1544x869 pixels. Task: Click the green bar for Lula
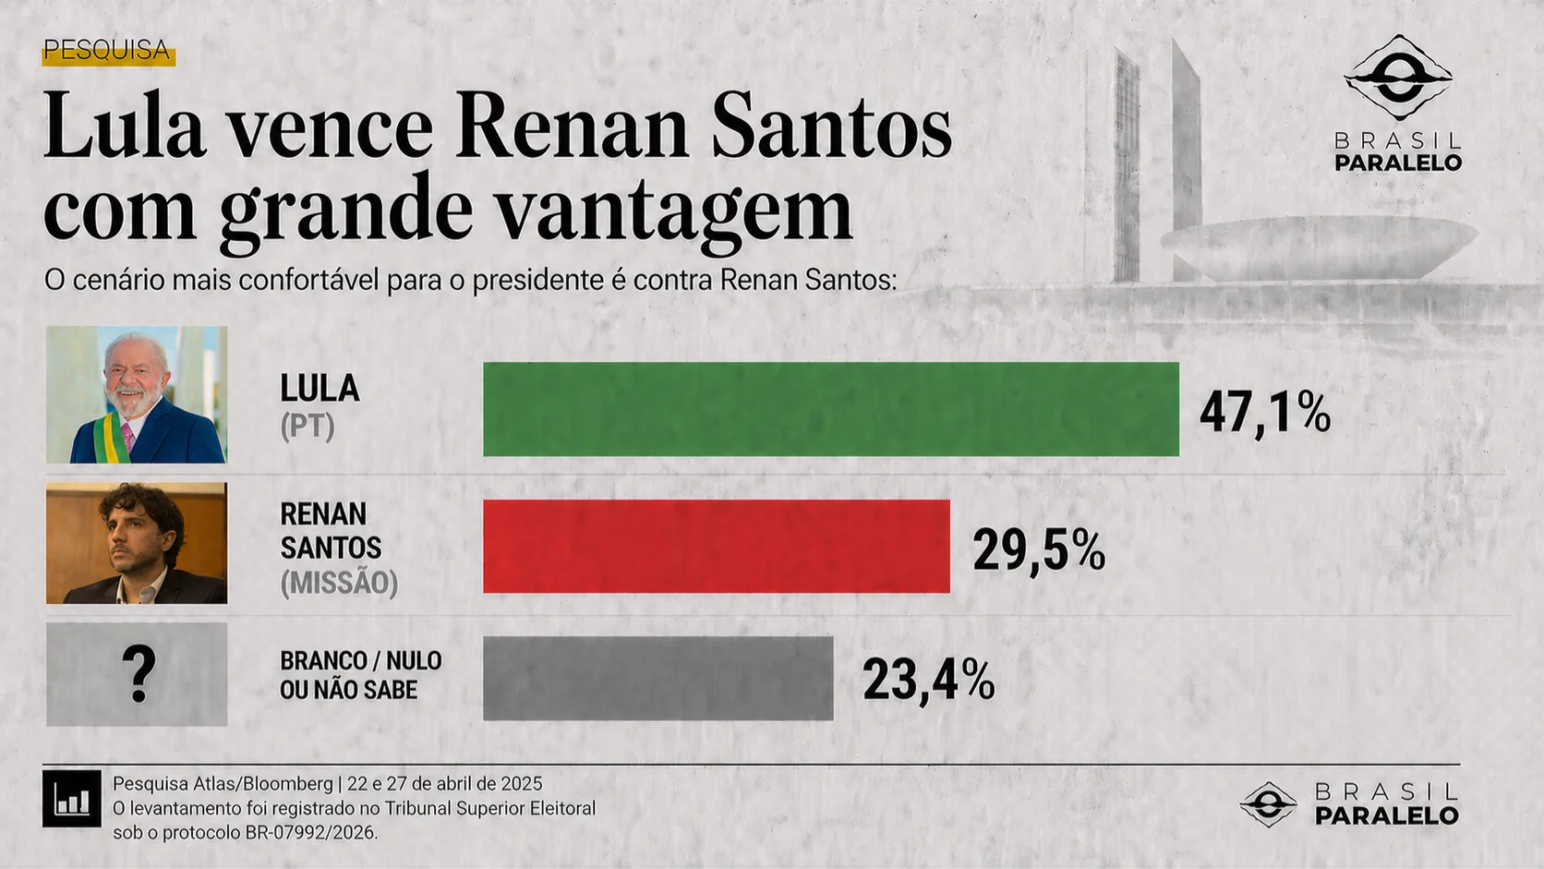831,409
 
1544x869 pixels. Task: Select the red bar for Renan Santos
717,546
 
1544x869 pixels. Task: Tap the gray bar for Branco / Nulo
657,678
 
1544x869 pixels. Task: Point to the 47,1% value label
1264,413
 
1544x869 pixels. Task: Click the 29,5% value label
1038,551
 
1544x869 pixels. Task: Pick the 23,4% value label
928,681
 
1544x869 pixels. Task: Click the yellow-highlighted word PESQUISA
107,51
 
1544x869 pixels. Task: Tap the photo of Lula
137,394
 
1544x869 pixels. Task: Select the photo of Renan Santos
137,543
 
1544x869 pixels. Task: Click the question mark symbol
139,675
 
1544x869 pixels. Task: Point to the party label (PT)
308,427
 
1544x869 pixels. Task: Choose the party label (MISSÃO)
339,583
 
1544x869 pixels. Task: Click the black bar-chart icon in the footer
72,799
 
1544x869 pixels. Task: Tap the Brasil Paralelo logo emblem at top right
1398,78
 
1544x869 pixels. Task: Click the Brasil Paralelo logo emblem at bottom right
1268,804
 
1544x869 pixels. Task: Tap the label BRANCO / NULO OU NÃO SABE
360,675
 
